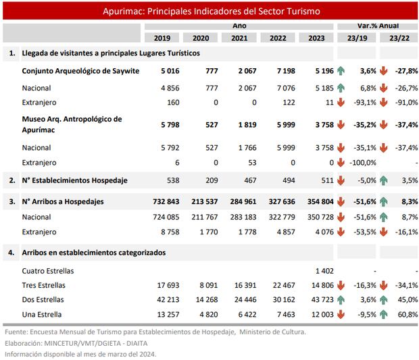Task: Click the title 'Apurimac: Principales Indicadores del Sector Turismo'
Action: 212,12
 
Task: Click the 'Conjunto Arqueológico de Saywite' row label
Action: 80,70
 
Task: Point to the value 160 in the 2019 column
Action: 171,101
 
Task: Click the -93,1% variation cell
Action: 362,101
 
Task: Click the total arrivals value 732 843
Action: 164,201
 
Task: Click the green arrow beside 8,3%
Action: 383,201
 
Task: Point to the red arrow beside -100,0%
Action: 341,163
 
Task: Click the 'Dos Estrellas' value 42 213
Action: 167,300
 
